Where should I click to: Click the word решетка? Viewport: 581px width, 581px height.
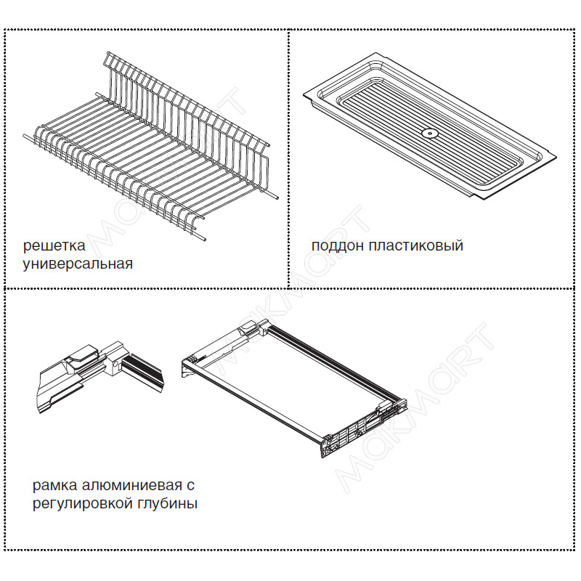(54, 245)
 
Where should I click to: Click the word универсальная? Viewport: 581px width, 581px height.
(78, 264)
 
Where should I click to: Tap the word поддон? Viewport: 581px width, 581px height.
(337, 246)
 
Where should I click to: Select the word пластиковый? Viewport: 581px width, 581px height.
(415, 246)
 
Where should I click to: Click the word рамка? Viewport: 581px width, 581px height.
(55, 485)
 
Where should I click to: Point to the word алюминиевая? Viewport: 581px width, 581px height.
(132, 485)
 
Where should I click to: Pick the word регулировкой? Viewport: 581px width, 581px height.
(83, 504)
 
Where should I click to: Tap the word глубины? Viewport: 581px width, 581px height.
(168, 504)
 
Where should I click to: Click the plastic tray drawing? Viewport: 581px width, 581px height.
(429, 126)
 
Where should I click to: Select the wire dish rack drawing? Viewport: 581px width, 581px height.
(150, 147)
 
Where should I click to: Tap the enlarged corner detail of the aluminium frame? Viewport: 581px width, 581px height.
(99, 375)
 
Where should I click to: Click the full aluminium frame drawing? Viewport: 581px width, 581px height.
(295, 389)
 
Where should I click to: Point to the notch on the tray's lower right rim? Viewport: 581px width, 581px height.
(473, 195)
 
